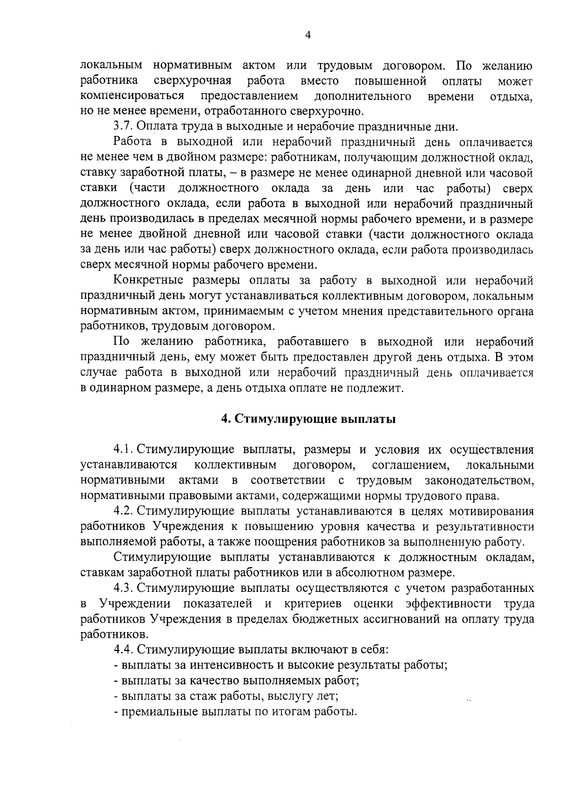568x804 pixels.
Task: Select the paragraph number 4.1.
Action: click(124, 449)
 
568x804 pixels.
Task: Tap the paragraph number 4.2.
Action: click(124, 511)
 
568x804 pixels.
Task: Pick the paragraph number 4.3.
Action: click(124, 589)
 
